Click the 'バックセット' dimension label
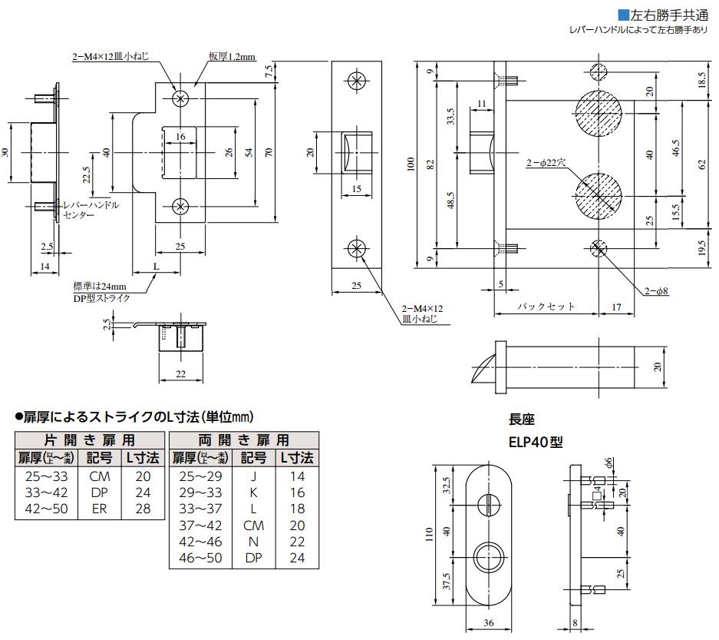[545, 306]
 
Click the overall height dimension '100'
[411, 164]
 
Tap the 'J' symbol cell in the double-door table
[254, 476]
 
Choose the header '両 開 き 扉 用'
[243, 440]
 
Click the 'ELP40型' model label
[536, 443]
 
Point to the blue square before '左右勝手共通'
[623, 15]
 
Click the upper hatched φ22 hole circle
[601, 114]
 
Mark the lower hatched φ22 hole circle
[601, 194]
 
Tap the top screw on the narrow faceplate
[356, 81]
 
